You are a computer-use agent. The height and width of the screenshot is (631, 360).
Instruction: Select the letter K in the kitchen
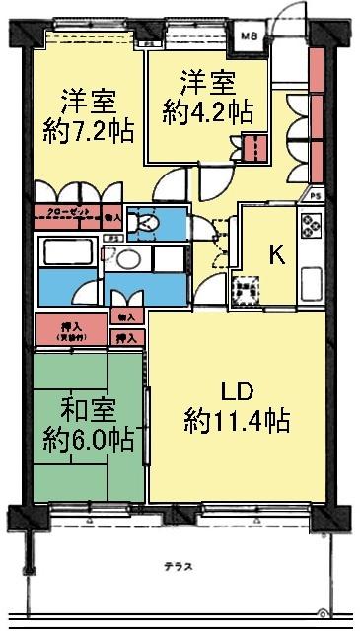(x=279, y=254)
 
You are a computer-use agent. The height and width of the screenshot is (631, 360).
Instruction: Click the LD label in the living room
(x=236, y=391)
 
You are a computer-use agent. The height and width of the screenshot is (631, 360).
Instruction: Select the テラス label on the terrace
(x=179, y=567)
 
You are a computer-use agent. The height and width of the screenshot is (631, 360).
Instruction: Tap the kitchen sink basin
(x=311, y=287)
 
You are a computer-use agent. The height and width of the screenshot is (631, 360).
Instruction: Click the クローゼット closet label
(x=66, y=213)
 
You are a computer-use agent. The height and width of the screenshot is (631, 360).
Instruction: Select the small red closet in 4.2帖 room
(x=254, y=148)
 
